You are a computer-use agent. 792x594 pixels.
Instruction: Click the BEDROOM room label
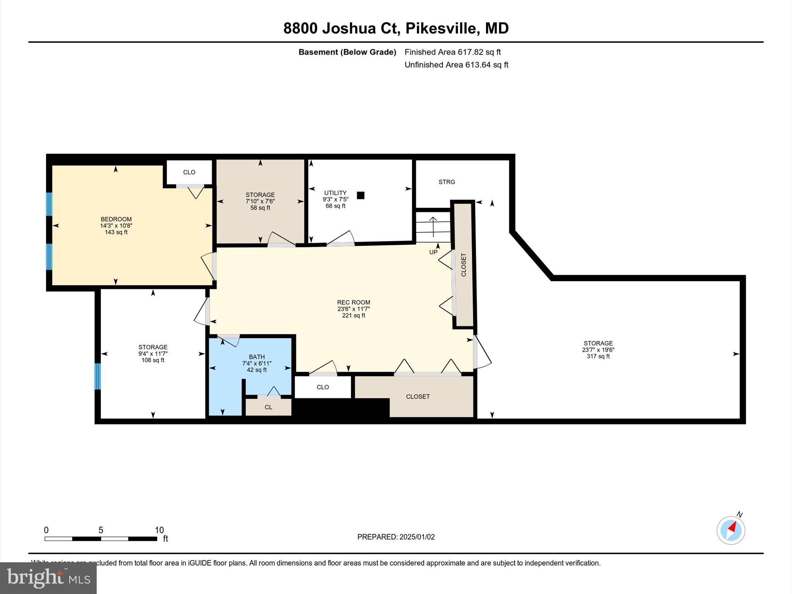pos(116,219)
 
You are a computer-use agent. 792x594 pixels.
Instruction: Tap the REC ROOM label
pos(353,302)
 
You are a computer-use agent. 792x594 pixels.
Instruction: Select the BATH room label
pos(257,357)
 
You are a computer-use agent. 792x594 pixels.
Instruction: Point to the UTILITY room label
pos(335,193)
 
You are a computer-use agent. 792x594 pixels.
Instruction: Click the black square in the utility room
pos(360,195)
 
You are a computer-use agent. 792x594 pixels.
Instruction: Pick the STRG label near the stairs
pos(447,182)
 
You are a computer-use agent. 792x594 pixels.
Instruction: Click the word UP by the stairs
pos(433,252)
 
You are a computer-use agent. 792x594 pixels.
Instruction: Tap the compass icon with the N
pos(731,530)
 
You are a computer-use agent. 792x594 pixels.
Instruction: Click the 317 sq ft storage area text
pos(598,356)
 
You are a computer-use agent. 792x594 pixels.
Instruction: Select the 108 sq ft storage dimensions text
pos(153,353)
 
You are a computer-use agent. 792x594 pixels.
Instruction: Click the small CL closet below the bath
pos(268,407)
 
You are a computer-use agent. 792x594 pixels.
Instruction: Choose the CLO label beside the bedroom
pos(189,172)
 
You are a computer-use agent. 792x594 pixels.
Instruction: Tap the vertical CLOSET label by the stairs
pos(464,265)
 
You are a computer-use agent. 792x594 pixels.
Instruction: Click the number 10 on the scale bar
pos(159,530)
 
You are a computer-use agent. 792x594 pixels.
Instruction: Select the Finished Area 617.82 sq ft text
pos(452,52)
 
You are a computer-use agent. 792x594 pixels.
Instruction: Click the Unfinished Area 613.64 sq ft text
pos(456,65)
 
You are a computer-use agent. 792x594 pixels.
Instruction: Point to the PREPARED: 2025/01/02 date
pos(396,537)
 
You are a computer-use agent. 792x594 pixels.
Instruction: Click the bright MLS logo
pos(48,578)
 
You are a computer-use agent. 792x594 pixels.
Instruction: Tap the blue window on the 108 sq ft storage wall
pos(98,376)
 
